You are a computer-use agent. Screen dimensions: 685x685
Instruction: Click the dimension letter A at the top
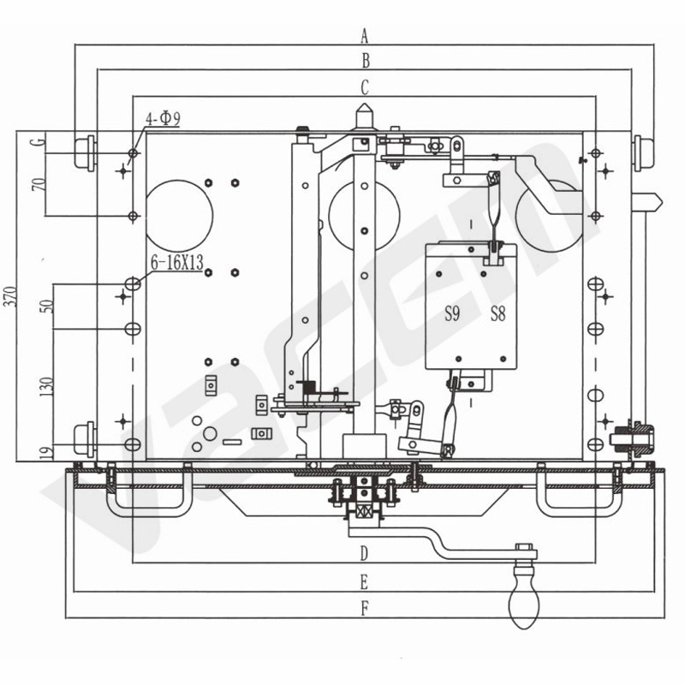[365, 36]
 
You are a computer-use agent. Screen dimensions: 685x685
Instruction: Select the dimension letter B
[366, 61]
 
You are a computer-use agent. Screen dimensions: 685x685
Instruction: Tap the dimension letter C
[365, 87]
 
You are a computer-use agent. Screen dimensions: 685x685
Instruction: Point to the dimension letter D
[365, 553]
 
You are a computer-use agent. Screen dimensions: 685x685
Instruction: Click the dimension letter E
[364, 582]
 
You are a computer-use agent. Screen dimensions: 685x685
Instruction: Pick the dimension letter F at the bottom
[365, 608]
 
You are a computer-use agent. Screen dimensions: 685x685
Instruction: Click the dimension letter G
[39, 141]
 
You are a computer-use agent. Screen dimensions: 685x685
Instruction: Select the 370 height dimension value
[11, 296]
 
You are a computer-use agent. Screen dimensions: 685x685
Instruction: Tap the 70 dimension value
[39, 185]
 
